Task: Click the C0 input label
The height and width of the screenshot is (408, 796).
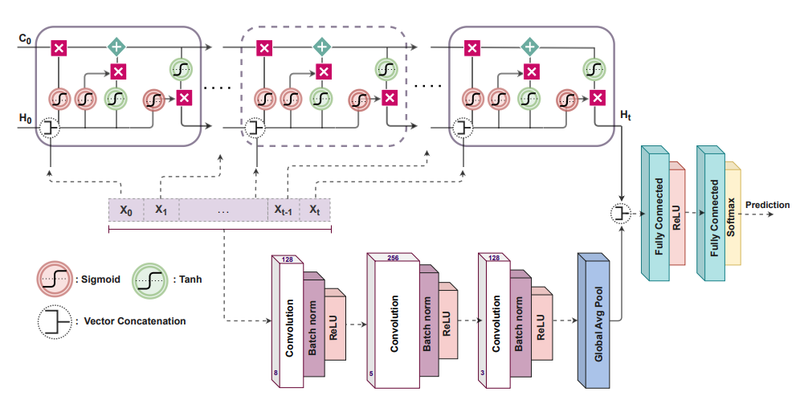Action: [26, 38]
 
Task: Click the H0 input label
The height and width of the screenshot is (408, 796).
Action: [26, 117]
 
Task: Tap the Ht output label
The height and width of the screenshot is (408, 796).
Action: [627, 117]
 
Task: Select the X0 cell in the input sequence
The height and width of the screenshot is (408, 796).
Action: [126, 210]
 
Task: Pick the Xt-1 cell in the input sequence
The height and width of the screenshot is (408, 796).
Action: [283, 210]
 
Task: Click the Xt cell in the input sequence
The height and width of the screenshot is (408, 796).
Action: [315, 210]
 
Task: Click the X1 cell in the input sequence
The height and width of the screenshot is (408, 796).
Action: [161, 210]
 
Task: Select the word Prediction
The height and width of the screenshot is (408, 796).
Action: [767, 205]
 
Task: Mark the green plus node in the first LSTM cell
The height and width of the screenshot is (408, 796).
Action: [117, 47]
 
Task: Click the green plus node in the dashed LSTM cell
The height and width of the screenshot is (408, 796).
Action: [322, 47]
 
